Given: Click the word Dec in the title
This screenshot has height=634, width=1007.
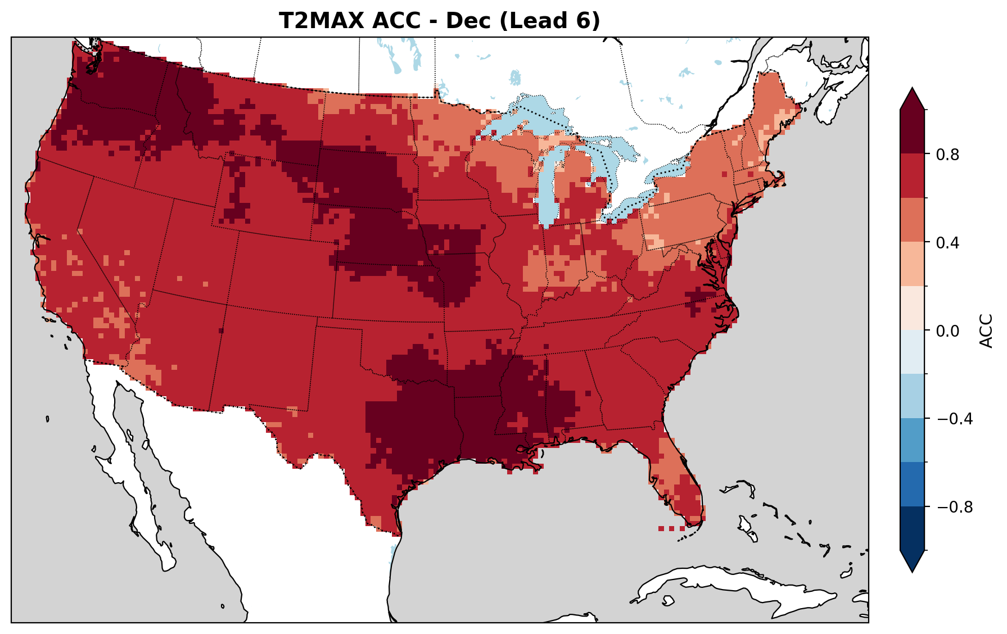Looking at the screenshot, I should point(465,21).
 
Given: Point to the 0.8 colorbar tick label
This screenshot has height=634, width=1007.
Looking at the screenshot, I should point(946,155).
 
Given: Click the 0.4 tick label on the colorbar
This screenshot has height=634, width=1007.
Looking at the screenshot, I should point(946,243).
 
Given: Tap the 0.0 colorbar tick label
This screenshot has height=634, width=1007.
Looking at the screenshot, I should point(946,331).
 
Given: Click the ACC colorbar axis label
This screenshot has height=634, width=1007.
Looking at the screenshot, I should point(986,330).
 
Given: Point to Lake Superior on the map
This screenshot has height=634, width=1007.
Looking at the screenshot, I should point(529,115).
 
